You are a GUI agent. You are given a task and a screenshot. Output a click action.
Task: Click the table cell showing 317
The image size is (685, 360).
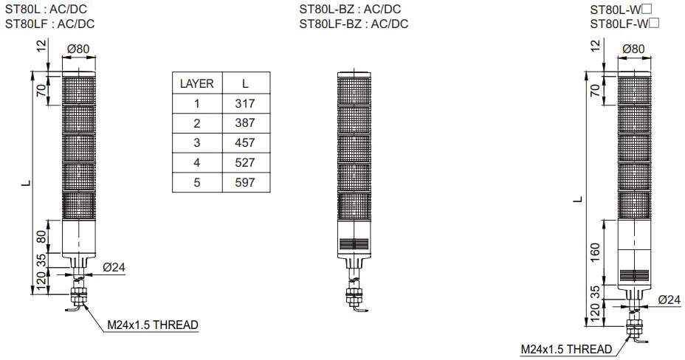pyautogui.click(x=244, y=104)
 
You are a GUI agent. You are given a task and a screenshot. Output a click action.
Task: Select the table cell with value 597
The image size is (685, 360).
pyautogui.click(x=244, y=182)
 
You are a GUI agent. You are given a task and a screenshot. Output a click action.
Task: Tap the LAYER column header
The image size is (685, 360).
pyautogui.click(x=197, y=83)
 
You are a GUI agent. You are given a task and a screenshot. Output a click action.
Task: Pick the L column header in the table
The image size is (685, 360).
pyautogui.click(x=245, y=83)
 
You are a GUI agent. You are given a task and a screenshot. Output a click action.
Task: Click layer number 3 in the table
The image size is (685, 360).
pyautogui.click(x=197, y=142)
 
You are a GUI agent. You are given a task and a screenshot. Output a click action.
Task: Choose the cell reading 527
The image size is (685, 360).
pyautogui.click(x=244, y=163)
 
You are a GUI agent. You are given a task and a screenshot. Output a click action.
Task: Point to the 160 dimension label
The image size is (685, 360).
pyautogui.click(x=595, y=252)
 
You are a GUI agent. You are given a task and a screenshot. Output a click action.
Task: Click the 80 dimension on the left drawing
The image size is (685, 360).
pyautogui.click(x=41, y=237)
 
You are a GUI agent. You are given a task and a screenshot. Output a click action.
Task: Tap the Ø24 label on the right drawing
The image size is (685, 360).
pyautogui.click(x=669, y=300)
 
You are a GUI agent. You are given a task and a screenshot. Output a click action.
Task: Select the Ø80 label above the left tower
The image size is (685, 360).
pyautogui.click(x=78, y=49)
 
